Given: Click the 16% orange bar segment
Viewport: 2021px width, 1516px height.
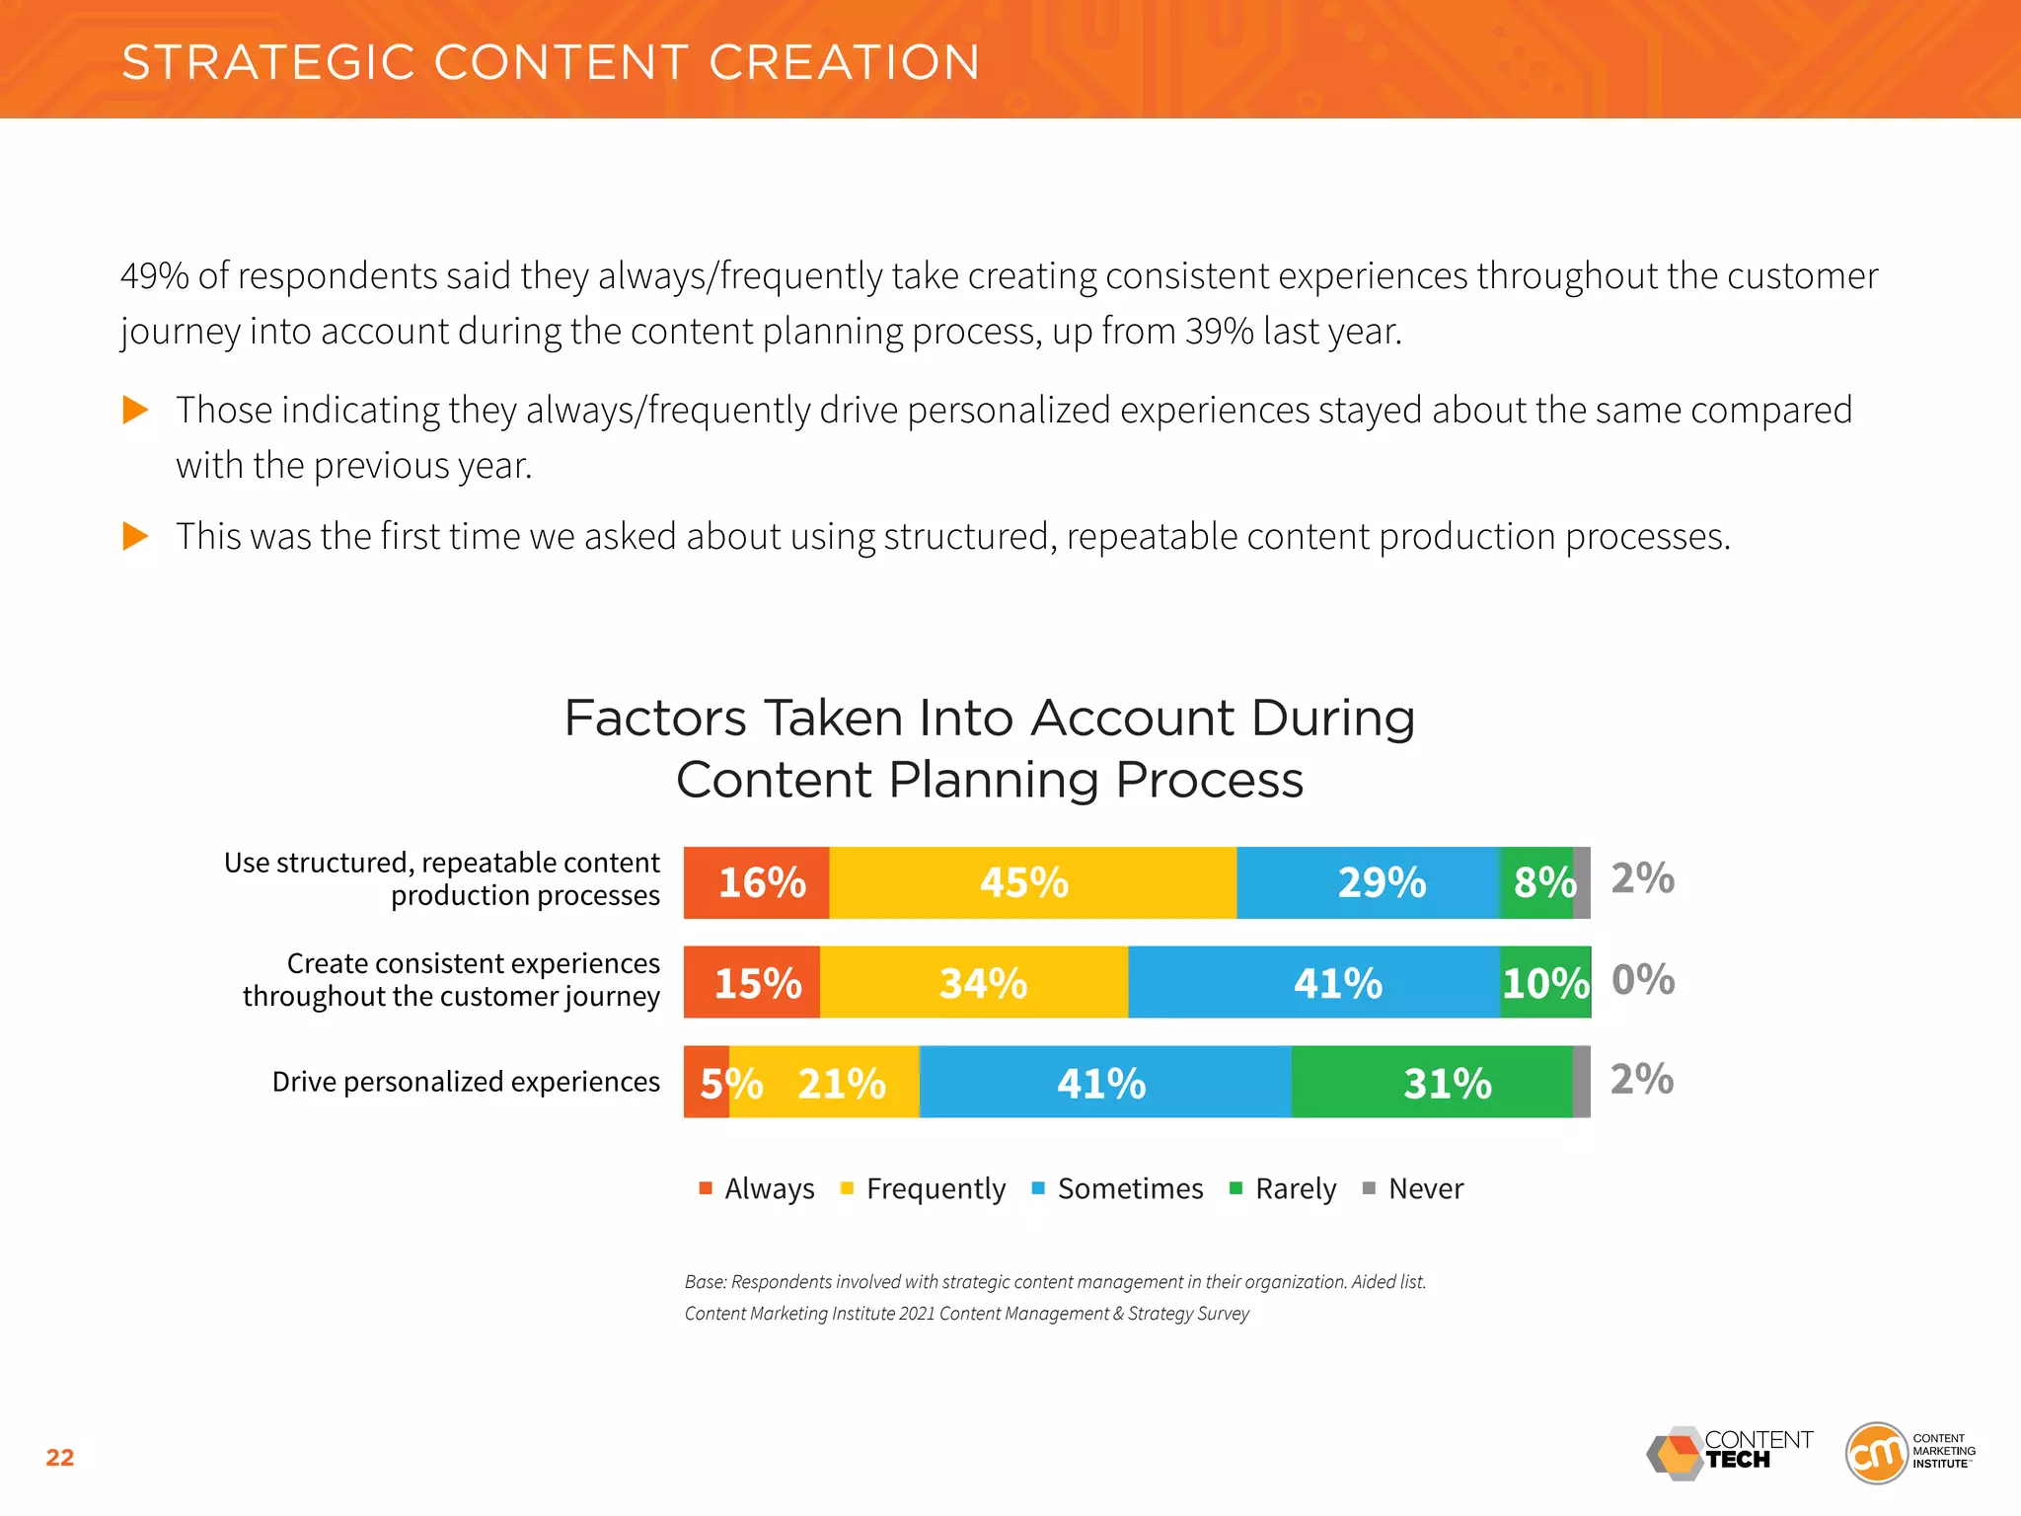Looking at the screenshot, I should [756, 882].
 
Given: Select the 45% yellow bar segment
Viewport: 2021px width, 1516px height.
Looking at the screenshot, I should [1032, 882].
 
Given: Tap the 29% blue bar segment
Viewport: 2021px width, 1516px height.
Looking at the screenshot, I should [1368, 882].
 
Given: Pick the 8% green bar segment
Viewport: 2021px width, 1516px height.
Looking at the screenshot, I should [1536, 882].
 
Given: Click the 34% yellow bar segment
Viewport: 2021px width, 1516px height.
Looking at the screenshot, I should [974, 983].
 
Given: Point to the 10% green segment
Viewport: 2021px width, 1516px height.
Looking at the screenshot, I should [1545, 983].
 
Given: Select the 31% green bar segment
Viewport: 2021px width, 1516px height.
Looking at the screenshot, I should [1432, 1083].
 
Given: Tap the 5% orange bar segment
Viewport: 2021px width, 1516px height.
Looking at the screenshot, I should [707, 1083].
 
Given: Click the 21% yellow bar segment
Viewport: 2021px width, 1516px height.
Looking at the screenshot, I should [825, 1083].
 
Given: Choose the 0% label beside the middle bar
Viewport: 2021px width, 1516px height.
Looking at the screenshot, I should [1643, 980].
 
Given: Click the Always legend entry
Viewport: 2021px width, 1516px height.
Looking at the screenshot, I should [757, 1188].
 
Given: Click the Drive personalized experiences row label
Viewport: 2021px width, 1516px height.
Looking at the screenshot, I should [466, 1082].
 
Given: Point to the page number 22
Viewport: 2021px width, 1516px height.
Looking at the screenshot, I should [60, 1458].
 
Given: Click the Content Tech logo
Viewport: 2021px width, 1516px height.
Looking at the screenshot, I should [1730, 1453].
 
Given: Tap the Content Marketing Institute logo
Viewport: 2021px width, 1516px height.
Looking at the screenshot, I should [1909, 1452].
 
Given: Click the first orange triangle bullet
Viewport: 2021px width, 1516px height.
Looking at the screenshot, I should [135, 410].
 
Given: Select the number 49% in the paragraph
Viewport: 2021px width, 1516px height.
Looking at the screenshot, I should [154, 276].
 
